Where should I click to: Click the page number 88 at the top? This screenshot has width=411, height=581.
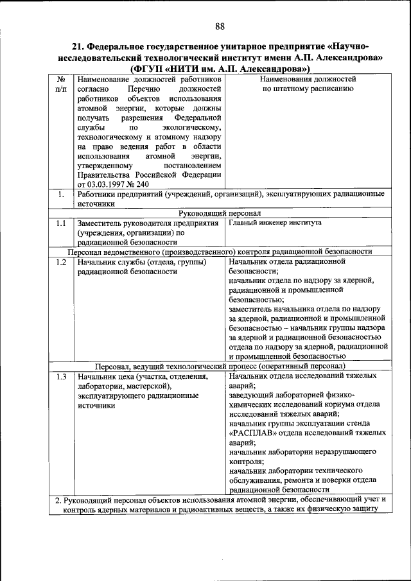pyautogui.click(x=220, y=26)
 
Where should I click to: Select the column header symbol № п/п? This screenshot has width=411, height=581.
pyautogui.click(x=61, y=84)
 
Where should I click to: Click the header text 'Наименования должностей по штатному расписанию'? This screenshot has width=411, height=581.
pyautogui.click(x=308, y=84)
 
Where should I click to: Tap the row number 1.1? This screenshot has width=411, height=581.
pyautogui.click(x=61, y=223)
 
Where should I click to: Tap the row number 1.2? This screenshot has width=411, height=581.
pyautogui.click(x=61, y=262)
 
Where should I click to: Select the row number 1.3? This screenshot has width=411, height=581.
pyautogui.click(x=61, y=376)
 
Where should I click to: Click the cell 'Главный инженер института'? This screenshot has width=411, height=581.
pyautogui.click(x=275, y=223)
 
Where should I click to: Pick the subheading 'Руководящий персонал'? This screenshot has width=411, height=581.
pyautogui.click(x=220, y=213)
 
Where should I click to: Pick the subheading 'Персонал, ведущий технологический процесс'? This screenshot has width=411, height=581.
pyautogui.click(x=220, y=366)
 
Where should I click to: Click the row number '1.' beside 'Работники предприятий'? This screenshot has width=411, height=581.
pyautogui.click(x=60, y=194)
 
